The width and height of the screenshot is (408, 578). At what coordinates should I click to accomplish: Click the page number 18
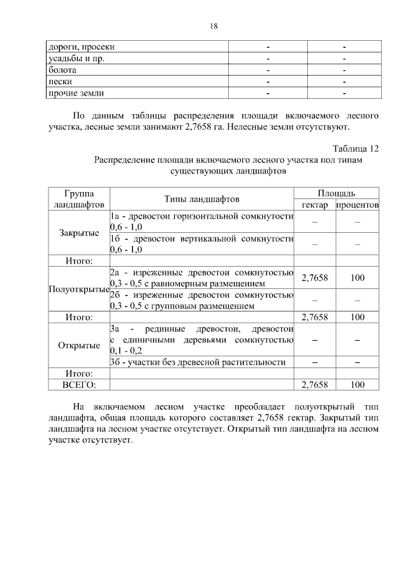click(214, 26)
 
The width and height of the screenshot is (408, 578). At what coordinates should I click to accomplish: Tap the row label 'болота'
click(63, 70)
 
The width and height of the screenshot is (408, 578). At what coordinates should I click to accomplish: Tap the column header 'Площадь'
click(336, 193)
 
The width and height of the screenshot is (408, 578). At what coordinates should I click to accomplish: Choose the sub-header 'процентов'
click(358, 205)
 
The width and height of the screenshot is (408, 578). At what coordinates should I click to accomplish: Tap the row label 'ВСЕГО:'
click(79, 385)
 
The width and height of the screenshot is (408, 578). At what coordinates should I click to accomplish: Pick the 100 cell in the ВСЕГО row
click(358, 385)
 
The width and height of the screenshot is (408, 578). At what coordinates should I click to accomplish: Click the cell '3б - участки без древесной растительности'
click(198, 362)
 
